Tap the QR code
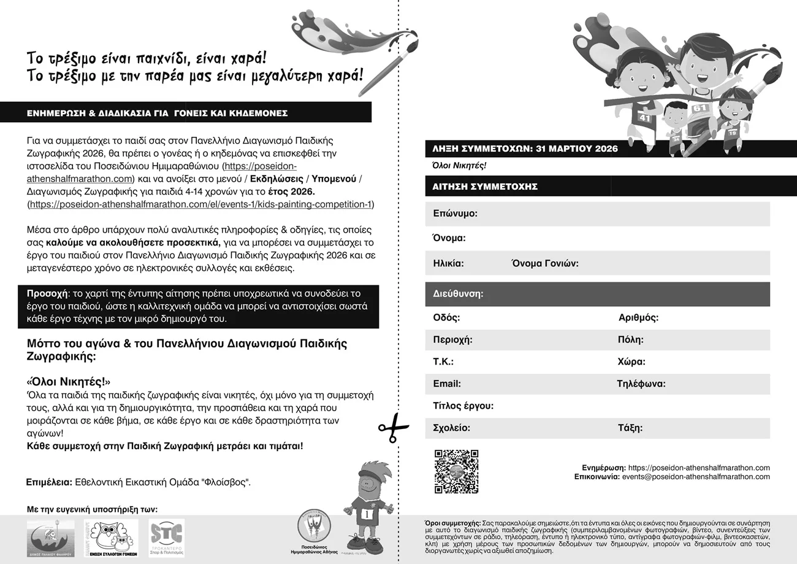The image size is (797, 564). tap(456, 471)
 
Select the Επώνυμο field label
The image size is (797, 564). tap(455, 214)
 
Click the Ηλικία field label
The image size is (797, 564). tap(448, 263)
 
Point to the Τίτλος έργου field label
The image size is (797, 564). tap(463, 406)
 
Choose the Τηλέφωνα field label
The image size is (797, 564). tap(641, 384)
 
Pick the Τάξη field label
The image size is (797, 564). tap(630, 428)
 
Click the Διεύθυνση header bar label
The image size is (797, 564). tap(458, 294)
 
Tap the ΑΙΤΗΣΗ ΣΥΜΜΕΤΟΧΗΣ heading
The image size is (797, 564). tap(476, 187)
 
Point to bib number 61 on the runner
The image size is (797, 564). tap(700, 109)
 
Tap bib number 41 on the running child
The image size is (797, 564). tap(644, 117)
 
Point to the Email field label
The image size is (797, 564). tap(447, 384)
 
